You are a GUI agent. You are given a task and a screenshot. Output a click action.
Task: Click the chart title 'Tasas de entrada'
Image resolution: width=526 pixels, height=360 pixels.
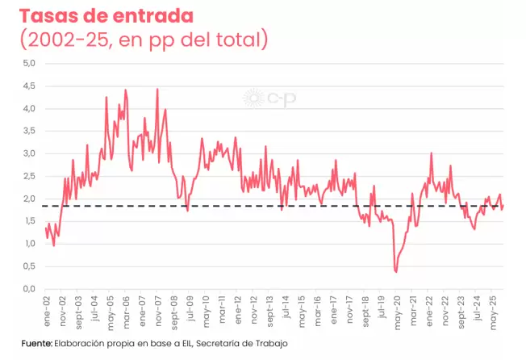(108, 16)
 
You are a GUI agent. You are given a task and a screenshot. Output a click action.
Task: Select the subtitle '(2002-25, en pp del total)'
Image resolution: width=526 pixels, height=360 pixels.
(143, 39)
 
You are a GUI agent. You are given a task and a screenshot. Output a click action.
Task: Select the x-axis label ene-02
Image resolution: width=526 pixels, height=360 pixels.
(47, 309)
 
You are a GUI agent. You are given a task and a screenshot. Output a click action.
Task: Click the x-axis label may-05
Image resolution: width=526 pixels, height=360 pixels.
(110, 309)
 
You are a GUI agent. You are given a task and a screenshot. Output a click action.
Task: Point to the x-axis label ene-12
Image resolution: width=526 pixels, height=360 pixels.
(237, 309)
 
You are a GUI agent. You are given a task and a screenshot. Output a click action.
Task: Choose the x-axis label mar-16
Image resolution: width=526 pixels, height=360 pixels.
(316, 309)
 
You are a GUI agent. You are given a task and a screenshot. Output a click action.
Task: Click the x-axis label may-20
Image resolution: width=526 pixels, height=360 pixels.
(395, 309)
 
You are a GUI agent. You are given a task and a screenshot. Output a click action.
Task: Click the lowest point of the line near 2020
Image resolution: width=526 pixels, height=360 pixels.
(395, 271)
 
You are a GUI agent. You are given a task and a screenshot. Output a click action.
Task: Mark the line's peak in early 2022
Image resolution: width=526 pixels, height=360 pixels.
(432, 153)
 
